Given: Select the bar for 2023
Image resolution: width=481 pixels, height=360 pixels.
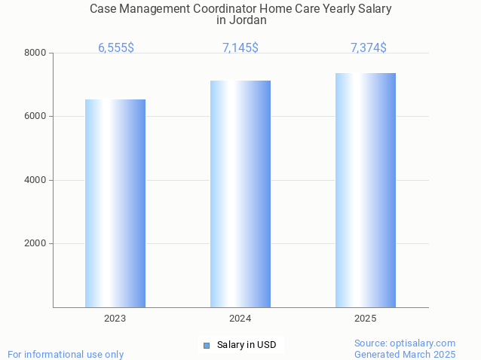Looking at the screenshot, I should (x=115, y=203).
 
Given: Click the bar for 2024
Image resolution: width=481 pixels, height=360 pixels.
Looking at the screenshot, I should (x=240, y=194).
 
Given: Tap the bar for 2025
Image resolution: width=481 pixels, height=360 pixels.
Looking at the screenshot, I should (x=366, y=190).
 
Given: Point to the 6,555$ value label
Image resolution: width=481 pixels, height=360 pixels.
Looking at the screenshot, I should (x=116, y=47).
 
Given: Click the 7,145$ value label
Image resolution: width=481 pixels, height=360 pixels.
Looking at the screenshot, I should (x=240, y=47).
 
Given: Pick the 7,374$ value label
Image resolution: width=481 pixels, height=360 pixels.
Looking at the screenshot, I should (x=369, y=47).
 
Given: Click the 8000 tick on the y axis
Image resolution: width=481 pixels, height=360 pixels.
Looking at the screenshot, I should (x=35, y=53).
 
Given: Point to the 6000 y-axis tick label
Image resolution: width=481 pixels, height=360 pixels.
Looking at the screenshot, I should (x=35, y=117).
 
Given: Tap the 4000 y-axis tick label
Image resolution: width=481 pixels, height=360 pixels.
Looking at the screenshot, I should (x=35, y=180).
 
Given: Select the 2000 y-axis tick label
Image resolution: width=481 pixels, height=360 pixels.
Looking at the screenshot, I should (x=35, y=244).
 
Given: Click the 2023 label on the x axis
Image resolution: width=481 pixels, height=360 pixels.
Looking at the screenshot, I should (x=115, y=319).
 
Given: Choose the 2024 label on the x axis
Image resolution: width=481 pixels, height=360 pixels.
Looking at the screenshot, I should (x=240, y=319).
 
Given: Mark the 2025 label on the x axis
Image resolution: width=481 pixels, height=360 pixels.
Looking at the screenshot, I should (x=366, y=319).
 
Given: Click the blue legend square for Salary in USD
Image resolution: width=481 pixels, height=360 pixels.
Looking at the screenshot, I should (x=207, y=346).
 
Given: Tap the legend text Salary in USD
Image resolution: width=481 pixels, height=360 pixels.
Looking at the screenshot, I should (x=247, y=345).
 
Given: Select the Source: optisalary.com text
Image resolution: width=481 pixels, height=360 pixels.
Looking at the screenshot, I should (x=405, y=343).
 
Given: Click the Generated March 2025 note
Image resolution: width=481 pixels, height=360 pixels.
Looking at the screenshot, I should (x=405, y=354).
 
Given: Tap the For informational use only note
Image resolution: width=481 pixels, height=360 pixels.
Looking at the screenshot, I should (x=66, y=354).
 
